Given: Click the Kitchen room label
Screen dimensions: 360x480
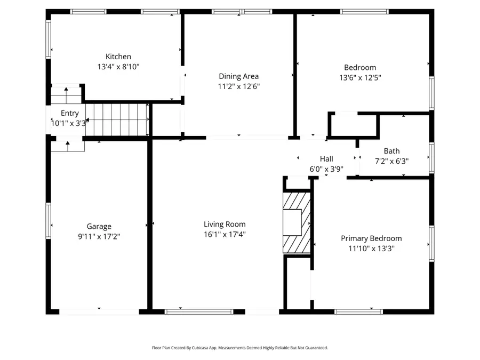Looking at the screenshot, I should (x=118, y=57).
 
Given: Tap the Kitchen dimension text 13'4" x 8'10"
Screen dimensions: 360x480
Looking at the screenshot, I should (x=118, y=67).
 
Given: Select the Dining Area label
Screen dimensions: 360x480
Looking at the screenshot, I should (x=238, y=76).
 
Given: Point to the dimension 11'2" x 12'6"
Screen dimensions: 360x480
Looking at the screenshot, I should (x=238, y=86).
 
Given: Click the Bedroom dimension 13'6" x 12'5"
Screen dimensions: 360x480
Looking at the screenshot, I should (x=360, y=77).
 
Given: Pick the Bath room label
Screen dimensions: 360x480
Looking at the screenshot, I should (x=391, y=151).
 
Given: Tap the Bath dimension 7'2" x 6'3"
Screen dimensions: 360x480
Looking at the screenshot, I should (x=391, y=161).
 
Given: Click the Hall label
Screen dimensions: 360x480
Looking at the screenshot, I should (x=326, y=159).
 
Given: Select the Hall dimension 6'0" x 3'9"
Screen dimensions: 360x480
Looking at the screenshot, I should (x=326, y=169).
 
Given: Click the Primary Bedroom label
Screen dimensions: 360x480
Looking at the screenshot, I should (x=371, y=238).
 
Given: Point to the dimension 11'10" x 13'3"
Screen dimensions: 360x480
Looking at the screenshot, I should (x=371, y=248).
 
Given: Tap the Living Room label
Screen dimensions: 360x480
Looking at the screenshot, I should (x=225, y=225).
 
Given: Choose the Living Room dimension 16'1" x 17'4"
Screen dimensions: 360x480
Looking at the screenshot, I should (x=225, y=234).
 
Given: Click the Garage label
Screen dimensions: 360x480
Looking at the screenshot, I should (x=99, y=227).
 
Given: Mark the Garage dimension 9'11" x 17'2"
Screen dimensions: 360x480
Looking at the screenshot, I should (x=99, y=236).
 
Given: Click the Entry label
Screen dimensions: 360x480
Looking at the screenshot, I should (x=70, y=113).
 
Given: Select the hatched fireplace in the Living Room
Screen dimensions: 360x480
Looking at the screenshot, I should (x=297, y=222).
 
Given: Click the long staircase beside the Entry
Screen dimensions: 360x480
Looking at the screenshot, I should (x=116, y=120).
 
